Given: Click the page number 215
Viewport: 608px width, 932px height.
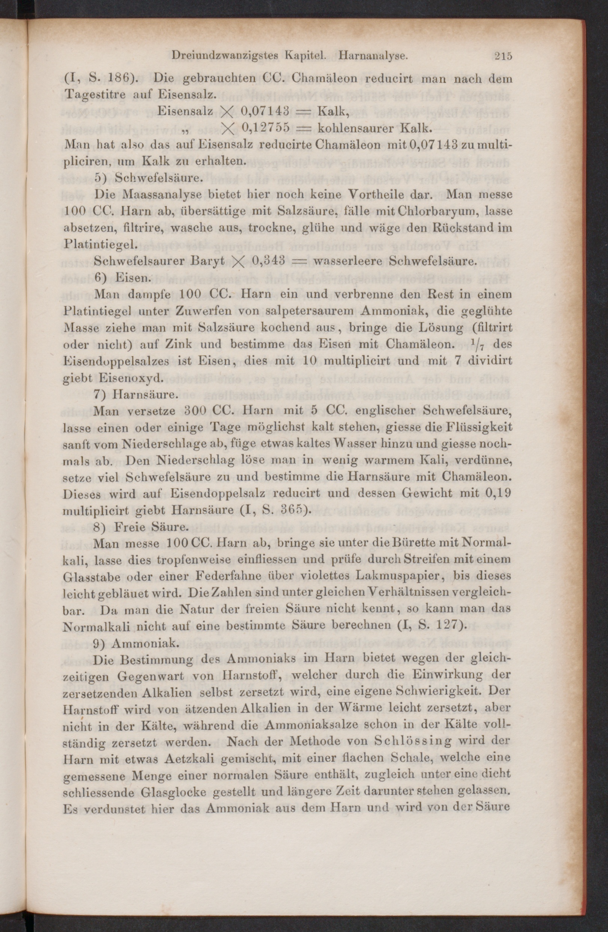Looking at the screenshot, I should tap(503, 56).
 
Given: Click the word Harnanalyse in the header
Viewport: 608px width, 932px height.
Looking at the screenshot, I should tap(373, 56).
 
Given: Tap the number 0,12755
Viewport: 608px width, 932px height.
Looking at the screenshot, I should tap(266, 127).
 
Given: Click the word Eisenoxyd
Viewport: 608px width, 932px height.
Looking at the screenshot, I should tap(128, 378).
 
